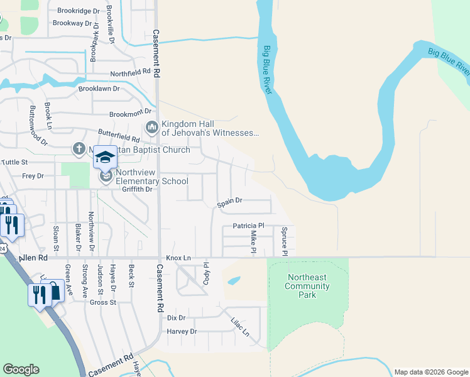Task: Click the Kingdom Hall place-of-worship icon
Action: point(151,128)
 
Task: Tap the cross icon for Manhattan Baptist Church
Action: point(79,149)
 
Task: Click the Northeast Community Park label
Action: point(307,286)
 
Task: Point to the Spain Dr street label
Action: point(229,202)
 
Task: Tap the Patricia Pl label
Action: point(249,226)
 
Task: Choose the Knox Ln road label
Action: point(178,258)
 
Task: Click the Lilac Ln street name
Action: point(241,325)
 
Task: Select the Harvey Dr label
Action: point(182,331)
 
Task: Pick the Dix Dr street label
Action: point(177,317)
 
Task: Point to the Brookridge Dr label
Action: point(79,11)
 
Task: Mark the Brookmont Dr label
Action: point(127,114)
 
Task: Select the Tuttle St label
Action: point(15,161)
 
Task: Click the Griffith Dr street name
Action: point(138,189)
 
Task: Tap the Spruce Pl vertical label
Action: point(284,241)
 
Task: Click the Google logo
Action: point(21,369)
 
